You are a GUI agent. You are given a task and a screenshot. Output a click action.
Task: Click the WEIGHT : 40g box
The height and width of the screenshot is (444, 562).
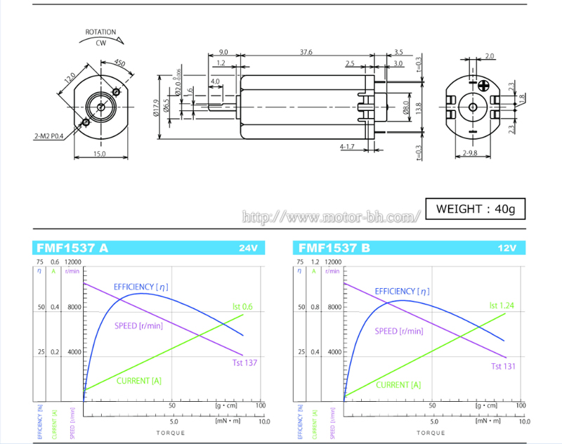pyautogui.click(x=475, y=209)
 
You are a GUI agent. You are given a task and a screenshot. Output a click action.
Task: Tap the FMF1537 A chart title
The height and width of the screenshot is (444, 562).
pyautogui.click(x=72, y=248)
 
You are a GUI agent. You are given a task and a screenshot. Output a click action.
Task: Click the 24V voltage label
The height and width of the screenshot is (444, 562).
pyautogui.click(x=248, y=248)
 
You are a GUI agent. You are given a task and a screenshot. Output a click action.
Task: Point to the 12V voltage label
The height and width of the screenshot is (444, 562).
pyautogui.click(x=507, y=248)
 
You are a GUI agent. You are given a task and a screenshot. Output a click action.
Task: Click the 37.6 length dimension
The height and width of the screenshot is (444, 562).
pyautogui.click(x=306, y=52)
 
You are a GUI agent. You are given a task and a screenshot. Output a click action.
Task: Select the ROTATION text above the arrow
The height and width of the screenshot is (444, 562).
pyautogui.click(x=100, y=32)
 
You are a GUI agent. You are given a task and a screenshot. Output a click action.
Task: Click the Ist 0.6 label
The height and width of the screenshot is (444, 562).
pyautogui.click(x=242, y=306)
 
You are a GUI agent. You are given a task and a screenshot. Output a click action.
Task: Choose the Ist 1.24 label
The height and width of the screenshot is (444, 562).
pyautogui.click(x=503, y=306)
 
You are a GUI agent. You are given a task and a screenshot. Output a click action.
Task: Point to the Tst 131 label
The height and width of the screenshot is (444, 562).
pyautogui.click(x=503, y=367)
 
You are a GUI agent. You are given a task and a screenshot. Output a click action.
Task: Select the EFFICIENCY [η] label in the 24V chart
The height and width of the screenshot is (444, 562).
pyautogui.click(x=140, y=287)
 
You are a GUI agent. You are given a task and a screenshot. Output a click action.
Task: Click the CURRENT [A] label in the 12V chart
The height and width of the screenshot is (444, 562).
pyautogui.click(x=398, y=385)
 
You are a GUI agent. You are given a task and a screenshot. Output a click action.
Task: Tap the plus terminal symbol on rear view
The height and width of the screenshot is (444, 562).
pyautogui.click(x=484, y=85)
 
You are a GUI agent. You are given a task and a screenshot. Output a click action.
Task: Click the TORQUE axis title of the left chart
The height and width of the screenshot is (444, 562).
pyautogui.click(x=171, y=433)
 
